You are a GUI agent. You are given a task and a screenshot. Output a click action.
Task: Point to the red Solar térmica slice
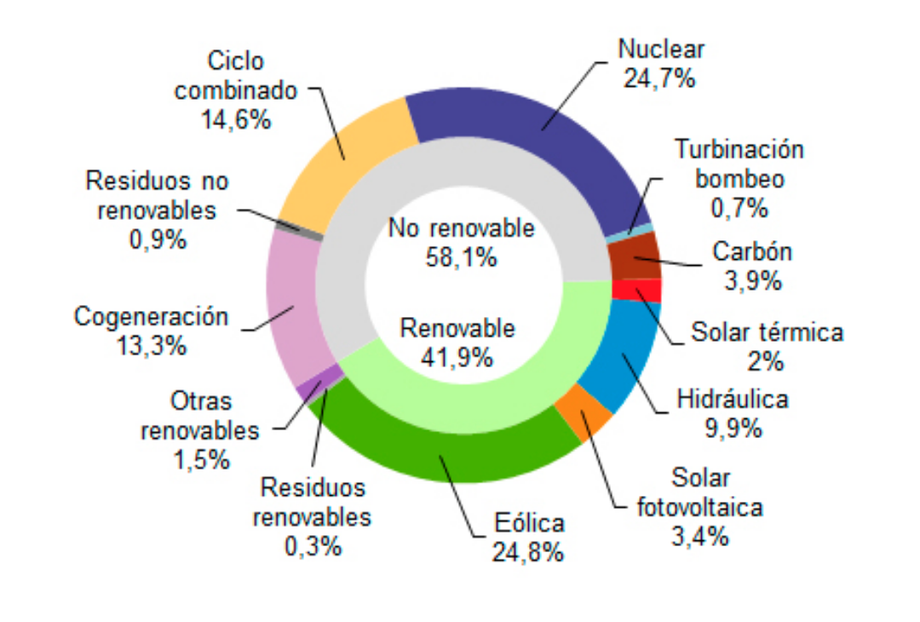pyautogui.click(x=636, y=290)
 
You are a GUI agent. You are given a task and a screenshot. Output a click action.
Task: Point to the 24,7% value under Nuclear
pyautogui.click(x=661, y=78)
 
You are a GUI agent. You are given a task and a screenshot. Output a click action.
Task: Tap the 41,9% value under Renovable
pyautogui.click(x=457, y=357)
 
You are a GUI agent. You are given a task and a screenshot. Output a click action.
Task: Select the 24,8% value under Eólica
pyautogui.click(x=527, y=552)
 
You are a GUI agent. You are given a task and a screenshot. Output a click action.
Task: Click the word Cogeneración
pyautogui.click(x=152, y=317)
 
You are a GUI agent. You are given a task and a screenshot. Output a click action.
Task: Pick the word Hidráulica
pyautogui.click(x=733, y=399)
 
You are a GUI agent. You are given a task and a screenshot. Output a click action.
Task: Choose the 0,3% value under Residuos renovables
pyautogui.click(x=313, y=545)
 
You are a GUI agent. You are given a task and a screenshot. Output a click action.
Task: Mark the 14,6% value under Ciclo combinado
pyautogui.click(x=236, y=119)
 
